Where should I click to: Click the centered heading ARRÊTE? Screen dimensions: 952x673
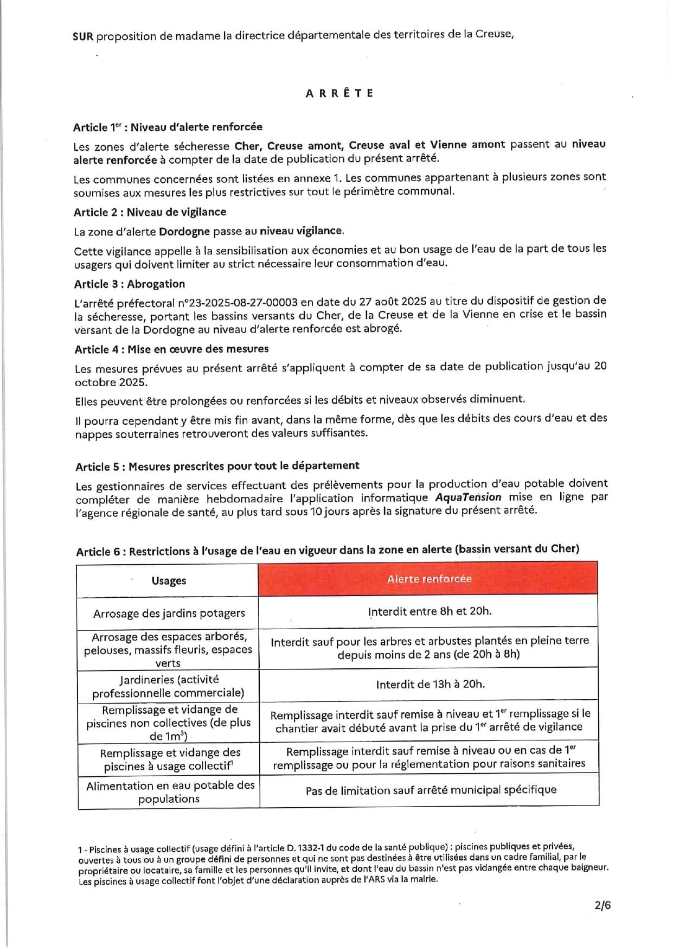click(x=339, y=93)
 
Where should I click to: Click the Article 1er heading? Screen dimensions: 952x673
click(x=168, y=127)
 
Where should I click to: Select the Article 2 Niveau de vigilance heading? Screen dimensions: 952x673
click(x=150, y=212)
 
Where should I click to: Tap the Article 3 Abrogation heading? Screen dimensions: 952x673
click(x=130, y=284)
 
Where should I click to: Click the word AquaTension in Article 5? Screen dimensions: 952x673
click(x=468, y=497)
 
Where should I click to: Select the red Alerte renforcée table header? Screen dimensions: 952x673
click(x=428, y=579)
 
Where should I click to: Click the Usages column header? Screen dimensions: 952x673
click(x=169, y=581)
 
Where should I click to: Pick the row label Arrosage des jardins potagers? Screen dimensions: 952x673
click(x=169, y=614)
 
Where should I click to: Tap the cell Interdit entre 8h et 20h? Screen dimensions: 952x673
click(x=430, y=611)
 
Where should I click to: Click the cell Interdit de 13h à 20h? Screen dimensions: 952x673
click(x=430, y=685)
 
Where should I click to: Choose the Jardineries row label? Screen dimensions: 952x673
click(x=168, y=686)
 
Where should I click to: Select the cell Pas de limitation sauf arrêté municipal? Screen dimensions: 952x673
click(x=431, y=790)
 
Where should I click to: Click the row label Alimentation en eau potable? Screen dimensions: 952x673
click(x=169, y=793)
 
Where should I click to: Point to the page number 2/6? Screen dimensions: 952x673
click(x=602, y=905)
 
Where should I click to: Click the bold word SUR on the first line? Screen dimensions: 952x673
click(x=83, y=36)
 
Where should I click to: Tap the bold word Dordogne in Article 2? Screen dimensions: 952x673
click(x=184, y=232)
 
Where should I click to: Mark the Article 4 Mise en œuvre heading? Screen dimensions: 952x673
click(x=171, y=349)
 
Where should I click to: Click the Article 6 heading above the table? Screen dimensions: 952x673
click(x=328, y=551)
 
